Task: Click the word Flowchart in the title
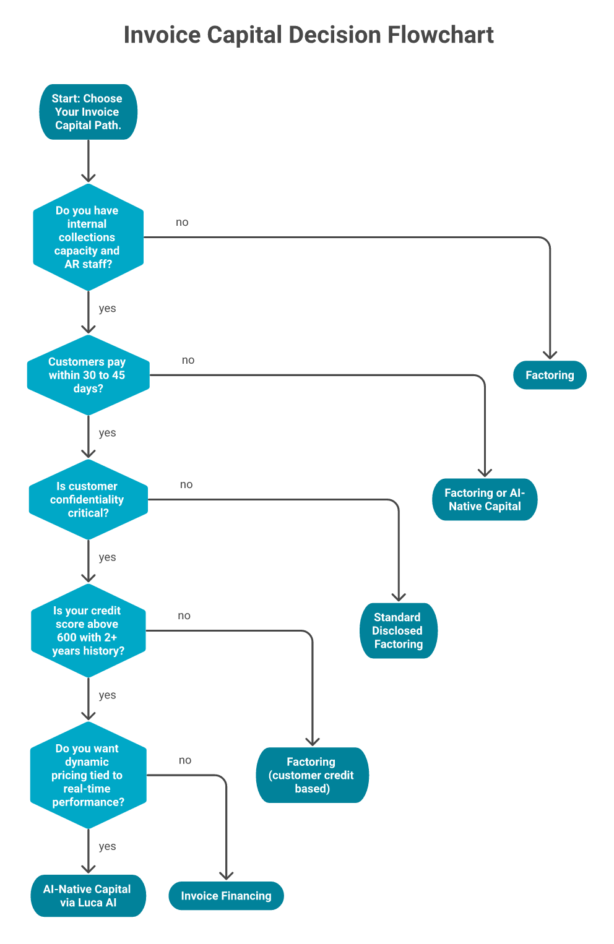tap(441, 35)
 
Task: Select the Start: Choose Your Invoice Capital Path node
tap(88, 112)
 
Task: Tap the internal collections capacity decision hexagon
tap(88, 237)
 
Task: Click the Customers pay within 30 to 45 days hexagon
tap(88, 375)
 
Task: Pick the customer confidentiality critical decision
tap(88, 499)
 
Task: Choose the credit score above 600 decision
tap(88, 630)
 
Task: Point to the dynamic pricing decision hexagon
tap(88, 775)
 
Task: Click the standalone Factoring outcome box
tap(550, 375)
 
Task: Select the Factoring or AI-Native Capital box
tap(485, 499)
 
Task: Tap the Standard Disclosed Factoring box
tap(398, 630)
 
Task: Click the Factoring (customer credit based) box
tap(312, 775)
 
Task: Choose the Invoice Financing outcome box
tap(226, 896)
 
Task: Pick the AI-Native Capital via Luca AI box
tap(88, 896)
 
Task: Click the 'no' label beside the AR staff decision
tap(182, 223)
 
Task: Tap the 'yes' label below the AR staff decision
tap(107, 308)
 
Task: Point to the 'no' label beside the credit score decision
tap(184, 616)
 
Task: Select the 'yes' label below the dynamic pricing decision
tap(107, 846)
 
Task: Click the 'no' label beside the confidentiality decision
tap(186, 485)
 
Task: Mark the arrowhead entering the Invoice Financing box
tap(227, 875)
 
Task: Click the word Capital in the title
tap(244, 35)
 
